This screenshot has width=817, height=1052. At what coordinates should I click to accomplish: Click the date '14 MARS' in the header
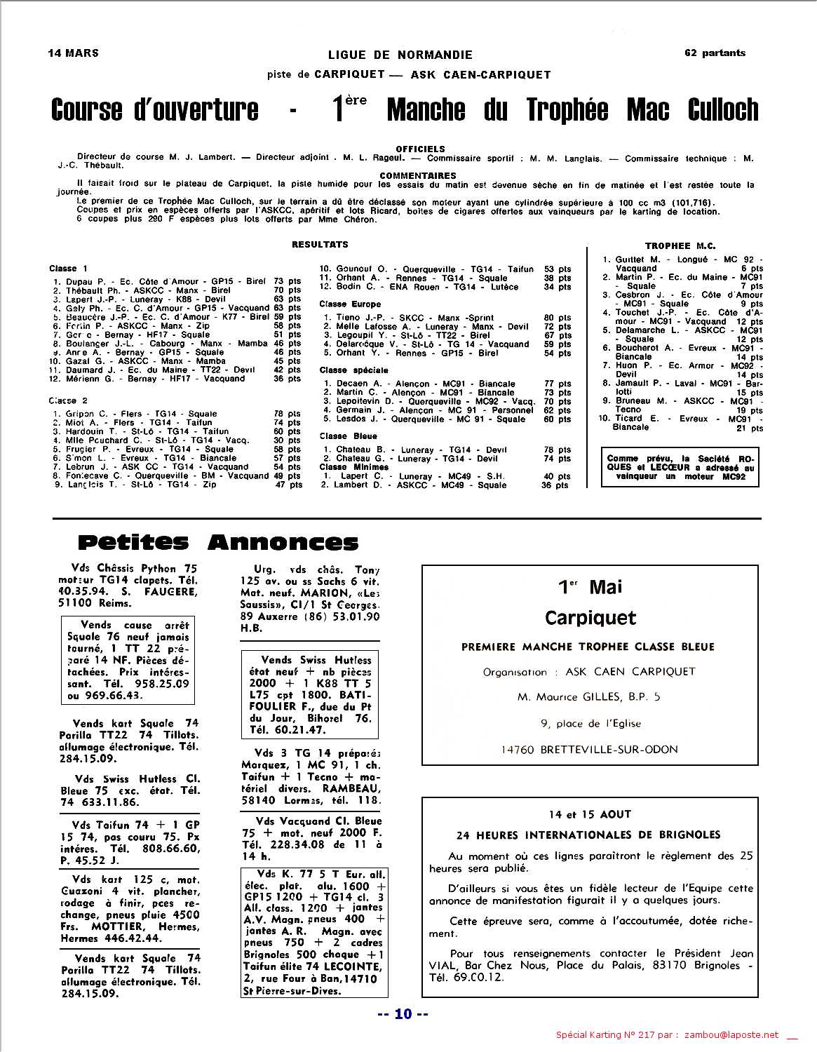click(73, 53)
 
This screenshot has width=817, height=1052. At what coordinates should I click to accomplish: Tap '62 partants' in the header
click(715, 53)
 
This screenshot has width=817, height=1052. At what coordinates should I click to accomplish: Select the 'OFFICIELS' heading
click(420, 149)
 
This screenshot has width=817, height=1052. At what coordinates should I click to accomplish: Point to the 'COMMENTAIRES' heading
click(417, 175)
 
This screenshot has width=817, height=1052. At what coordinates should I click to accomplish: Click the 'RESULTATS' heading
click(320, 244)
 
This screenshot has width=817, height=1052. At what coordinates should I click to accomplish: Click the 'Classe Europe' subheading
click(350, 304)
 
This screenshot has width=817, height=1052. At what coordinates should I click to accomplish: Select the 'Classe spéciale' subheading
click(353, 370)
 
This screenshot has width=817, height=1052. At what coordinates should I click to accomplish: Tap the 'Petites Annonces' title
click(217, 542)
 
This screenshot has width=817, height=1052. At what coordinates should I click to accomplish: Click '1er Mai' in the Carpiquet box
click(590, 586)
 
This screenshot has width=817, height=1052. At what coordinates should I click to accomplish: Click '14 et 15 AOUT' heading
click(590, 814)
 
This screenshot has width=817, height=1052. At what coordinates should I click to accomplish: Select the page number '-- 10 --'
click(403, 1014)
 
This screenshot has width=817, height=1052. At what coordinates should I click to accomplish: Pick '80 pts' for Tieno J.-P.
click(558, 318)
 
